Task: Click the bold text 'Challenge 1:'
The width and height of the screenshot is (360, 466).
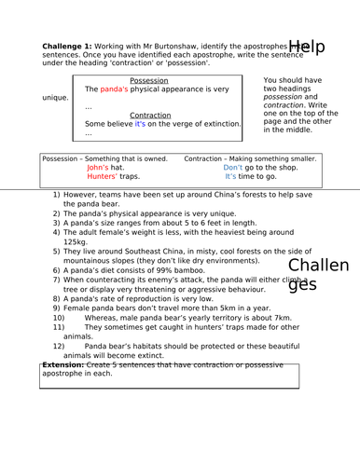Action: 67,46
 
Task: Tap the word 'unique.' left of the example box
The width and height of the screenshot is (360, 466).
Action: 55,98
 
